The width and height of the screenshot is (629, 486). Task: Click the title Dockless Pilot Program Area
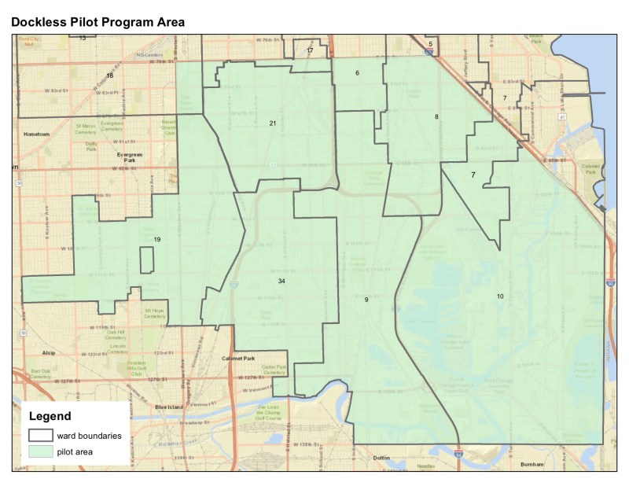click(97, 22)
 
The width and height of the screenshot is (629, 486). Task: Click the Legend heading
click(50, 416)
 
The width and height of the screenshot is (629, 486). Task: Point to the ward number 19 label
click(157, 239)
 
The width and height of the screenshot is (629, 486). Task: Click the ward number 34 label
click(281, 281)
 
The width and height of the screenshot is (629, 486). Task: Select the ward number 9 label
click(366, 300)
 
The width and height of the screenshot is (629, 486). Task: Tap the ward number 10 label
click(499, 296)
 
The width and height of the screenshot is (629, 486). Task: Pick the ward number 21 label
click(273, 123)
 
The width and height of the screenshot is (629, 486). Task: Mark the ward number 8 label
click(436, 117)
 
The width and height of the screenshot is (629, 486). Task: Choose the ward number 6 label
click(357, 73)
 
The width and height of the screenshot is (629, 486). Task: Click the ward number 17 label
click(310, 50)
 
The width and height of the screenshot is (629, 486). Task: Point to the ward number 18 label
click(109, 75)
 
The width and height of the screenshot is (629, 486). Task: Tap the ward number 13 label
click(83, 38)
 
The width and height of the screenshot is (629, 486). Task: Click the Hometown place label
click(37, 134)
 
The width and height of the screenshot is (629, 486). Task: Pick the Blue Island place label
click(169, 407)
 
